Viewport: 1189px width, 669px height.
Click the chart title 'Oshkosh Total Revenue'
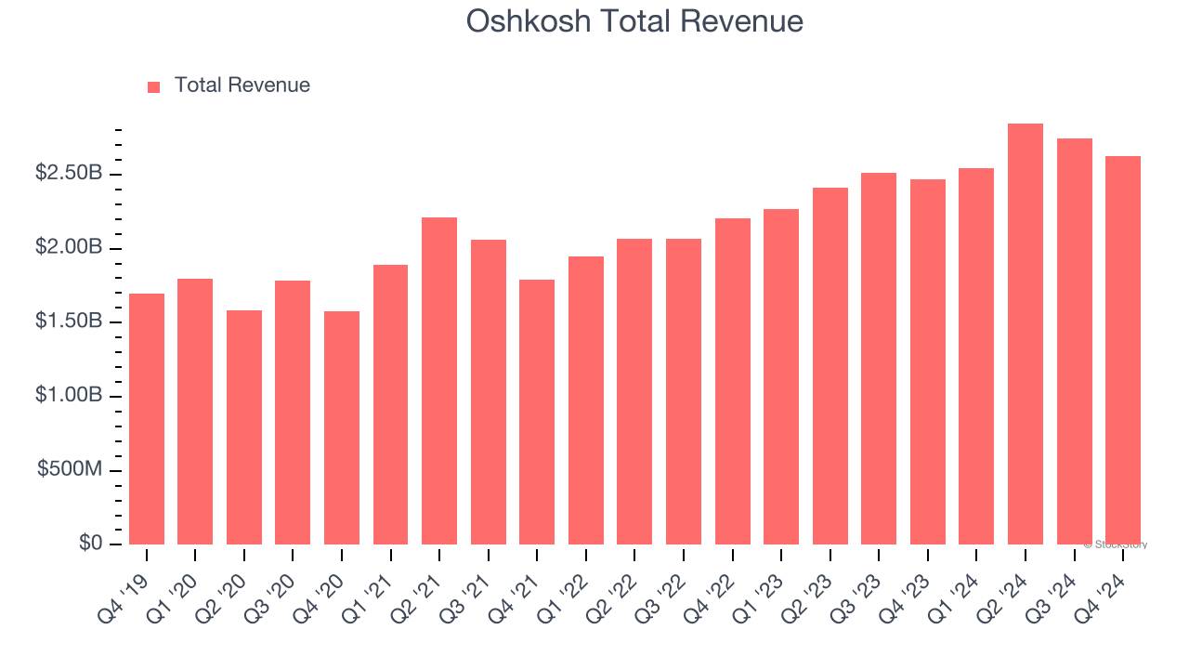pos(634,20)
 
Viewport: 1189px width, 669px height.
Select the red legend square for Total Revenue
pos(154,86)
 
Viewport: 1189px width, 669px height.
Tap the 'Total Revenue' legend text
pos(242,85)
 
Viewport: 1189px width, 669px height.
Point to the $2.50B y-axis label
pos(70,174)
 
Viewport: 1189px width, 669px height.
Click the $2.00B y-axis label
pos(70,248)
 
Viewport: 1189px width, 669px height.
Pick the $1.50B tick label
pos(70,321)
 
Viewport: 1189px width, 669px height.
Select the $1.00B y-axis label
pos(70,396)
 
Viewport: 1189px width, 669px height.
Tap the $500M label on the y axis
pos(71,470)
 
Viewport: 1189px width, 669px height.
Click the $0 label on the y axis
pos(90,544)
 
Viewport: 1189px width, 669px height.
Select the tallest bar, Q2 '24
pos(1026,334)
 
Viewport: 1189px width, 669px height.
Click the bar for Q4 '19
pos(147,419)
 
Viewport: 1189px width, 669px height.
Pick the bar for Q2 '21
pos(439,381)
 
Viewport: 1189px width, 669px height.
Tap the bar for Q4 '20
pos(342,427)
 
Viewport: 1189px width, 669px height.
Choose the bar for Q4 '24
pos(1123,350)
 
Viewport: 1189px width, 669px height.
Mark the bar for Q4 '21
pos(537,412)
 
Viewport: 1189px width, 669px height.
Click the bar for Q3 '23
pos(879,359)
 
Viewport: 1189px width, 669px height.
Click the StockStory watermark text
pos(1116,544)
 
